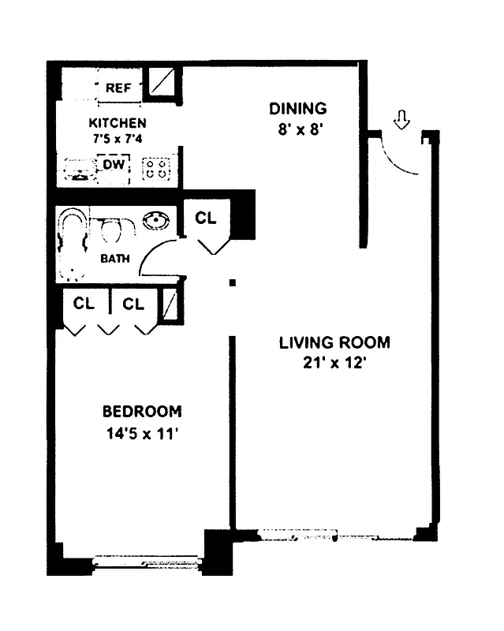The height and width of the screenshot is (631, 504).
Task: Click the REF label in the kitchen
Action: coord(119,88)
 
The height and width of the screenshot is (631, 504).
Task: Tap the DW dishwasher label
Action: coord(112,164)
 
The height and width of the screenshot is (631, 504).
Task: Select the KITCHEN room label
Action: coord(117,123)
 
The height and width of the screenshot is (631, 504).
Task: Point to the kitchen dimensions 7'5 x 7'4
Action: coord(117,138)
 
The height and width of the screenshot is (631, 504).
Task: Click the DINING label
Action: coord(297,109)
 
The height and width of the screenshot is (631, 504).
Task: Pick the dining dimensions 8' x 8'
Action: coord(297,129)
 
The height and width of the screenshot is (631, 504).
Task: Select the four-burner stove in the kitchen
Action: coord(155,168)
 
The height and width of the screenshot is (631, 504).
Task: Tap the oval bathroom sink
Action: coord(154,222)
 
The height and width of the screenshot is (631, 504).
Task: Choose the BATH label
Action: coord(114,259)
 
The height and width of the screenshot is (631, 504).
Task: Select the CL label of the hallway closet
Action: coord(206,218)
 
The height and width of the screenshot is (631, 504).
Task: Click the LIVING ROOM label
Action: coord(334,342)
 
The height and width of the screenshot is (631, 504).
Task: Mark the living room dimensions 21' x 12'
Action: coord(334,364)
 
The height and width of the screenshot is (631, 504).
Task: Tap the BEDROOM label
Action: coord(142,411)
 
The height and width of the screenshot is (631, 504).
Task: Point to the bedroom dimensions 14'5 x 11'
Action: coord(142,433)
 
